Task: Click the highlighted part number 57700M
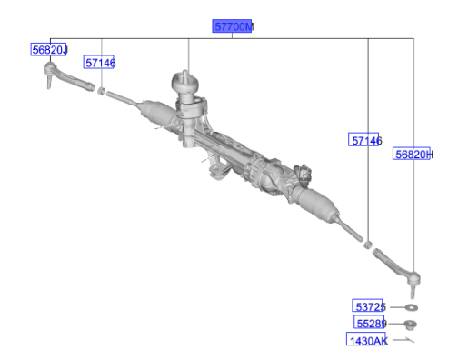pos(233,26)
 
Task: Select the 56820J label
pos(49,49)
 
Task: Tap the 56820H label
pos(413,154)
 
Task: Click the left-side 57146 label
pos(100,62)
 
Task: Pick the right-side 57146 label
pos(365,140)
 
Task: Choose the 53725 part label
pos(369,306)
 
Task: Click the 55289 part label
pos(371,323)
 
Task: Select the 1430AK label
pos(367,339)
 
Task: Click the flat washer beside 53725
pos(412,307)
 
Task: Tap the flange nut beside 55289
pos(411,325)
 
